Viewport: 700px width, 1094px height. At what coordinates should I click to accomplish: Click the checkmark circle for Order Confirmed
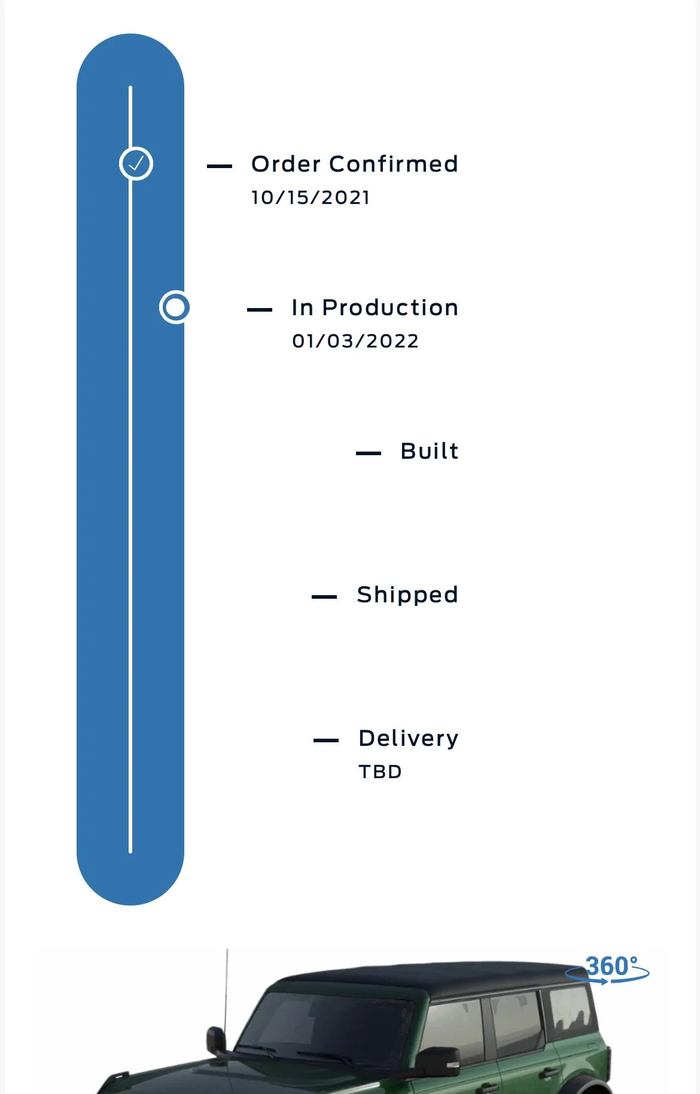tap(136, 163)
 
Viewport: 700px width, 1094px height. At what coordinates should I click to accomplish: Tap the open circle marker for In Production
tap(175, 307)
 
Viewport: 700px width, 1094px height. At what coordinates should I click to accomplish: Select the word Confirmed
tap(394, 164)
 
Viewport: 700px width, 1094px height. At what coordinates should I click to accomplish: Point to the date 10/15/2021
tap(311, 197)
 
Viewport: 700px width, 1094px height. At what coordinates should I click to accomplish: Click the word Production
tap(390, 307)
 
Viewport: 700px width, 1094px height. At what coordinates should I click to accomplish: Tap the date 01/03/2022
tap(355, 341)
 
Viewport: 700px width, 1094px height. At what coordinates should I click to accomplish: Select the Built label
tap(430, 451)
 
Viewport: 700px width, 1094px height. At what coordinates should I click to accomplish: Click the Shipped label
tap(407, 595)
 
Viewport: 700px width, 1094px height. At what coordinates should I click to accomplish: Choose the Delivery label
tap(409, 739)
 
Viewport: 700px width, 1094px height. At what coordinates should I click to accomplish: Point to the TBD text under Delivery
tap(380, 772)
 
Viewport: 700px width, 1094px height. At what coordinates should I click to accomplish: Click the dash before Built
tap(369, 453)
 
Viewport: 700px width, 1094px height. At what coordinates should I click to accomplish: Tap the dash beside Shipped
tap(324, 597)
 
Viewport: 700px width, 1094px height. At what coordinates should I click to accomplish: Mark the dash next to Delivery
tap(326, 740)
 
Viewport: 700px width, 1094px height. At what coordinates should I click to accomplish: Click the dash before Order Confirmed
tap(220, 166)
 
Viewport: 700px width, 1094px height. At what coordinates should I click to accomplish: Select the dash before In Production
tap(260, 310)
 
